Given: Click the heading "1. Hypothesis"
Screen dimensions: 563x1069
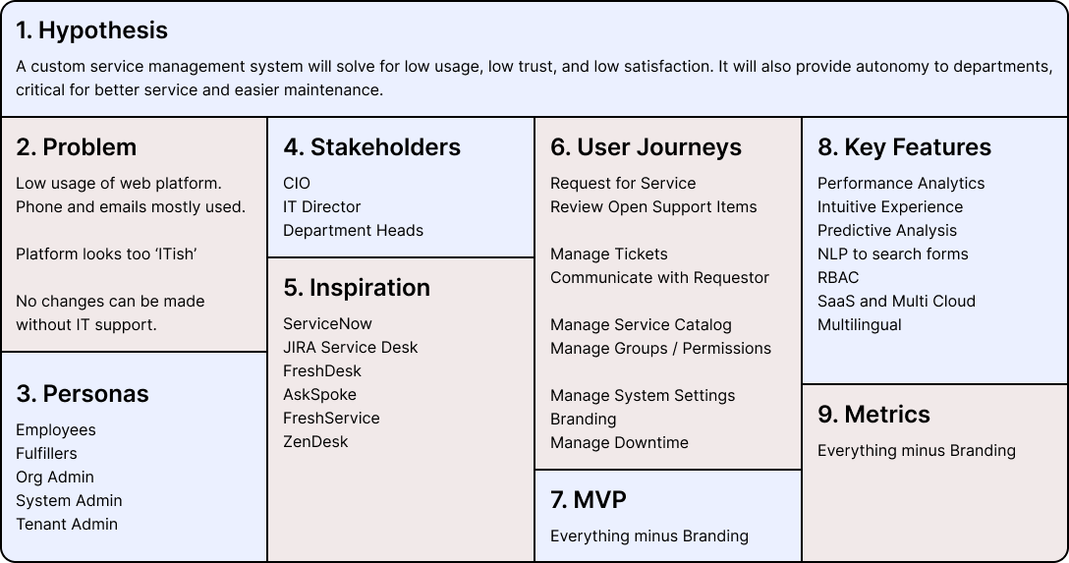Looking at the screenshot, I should (x=91, y=30).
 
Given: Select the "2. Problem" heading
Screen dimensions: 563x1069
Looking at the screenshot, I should (x=76, y=147).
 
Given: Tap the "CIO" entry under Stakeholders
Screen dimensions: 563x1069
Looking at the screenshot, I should (x=297, y=184).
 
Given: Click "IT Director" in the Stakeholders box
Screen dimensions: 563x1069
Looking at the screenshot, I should (x=321, y=207).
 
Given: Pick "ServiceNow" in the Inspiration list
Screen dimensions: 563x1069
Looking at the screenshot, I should (x=327, y=324).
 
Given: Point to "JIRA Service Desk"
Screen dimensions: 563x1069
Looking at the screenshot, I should (x=350, y=348).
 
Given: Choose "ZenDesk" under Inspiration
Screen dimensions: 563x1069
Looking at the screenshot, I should (x=315, y=442).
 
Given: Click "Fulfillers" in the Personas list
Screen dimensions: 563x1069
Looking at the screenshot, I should (x=46, y=454).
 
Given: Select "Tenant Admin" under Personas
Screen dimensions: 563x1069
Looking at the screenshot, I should (x=67, y=525).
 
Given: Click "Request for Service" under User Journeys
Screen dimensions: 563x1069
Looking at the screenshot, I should (x=623, y=184).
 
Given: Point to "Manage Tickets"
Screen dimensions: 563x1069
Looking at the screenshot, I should (x=608, y=254).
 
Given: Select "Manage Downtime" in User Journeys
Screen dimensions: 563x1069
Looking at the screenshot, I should (x=619, y=443).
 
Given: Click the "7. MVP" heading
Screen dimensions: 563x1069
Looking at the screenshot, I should (x=589, y=500).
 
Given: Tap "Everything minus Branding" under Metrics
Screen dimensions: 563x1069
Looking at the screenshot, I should (x=916, y=451).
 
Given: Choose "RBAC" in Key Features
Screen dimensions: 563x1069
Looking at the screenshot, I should (x=838, y=278).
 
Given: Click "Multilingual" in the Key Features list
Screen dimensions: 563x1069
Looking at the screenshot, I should (x=859, y=325).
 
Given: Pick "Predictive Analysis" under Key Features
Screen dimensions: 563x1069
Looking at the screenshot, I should (x=886, y=231).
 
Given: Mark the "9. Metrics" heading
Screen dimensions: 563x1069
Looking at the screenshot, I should (x=873, y=415).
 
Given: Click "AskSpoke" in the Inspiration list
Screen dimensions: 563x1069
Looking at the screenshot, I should (x=319, y=395).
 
